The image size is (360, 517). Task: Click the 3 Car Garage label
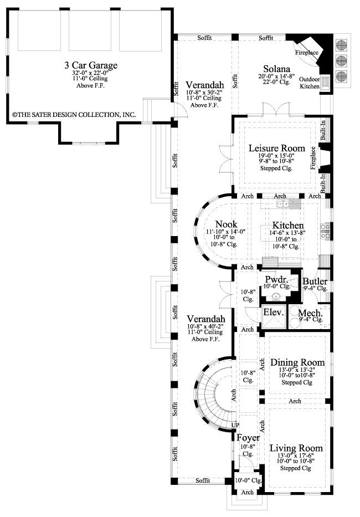click(91, 66)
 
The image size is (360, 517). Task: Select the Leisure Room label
click(277, 149)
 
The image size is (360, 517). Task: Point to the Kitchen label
click(287, 226)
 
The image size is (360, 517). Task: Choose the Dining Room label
click(297, 363)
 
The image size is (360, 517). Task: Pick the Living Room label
click(296, 448)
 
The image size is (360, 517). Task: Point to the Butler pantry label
click(315, 282)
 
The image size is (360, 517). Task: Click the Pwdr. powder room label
click(275, 279)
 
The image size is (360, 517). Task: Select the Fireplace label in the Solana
click(306, 53)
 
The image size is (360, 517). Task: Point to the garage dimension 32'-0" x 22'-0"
click(91, 73)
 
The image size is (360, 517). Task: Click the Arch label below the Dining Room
click(295, 401)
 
